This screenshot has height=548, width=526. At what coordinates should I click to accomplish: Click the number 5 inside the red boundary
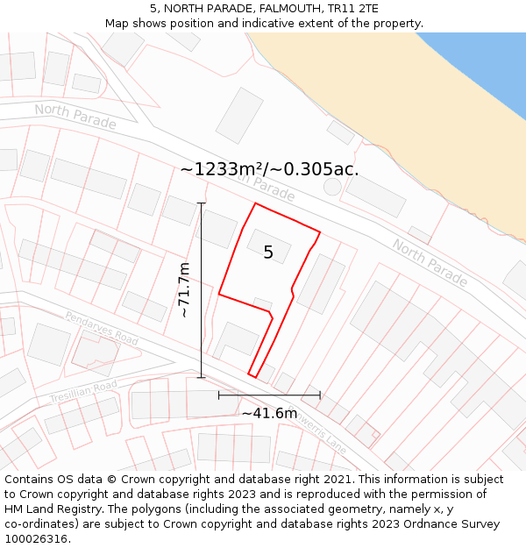coord(268,253)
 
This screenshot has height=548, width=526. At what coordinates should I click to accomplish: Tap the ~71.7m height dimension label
coord(184,289)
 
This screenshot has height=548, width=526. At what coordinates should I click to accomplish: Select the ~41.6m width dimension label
coord(269,413)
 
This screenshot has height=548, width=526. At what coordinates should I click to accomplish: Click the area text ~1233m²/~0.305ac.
coord(269,169)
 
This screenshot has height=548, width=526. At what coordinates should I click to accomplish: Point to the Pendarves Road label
coord(102,327)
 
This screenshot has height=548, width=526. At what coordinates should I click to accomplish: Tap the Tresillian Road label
coord(83,392)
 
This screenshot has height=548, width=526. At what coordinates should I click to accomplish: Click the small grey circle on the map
coord(332,186)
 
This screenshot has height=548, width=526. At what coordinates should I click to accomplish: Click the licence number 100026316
coord(38,539)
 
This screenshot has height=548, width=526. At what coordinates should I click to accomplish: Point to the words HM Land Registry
coord(55,509)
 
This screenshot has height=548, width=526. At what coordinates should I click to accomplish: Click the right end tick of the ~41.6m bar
coord(320,395)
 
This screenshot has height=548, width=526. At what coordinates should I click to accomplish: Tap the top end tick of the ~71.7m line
coord(202,203)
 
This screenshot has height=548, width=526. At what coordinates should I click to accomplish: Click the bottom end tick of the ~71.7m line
coord(202,378)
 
